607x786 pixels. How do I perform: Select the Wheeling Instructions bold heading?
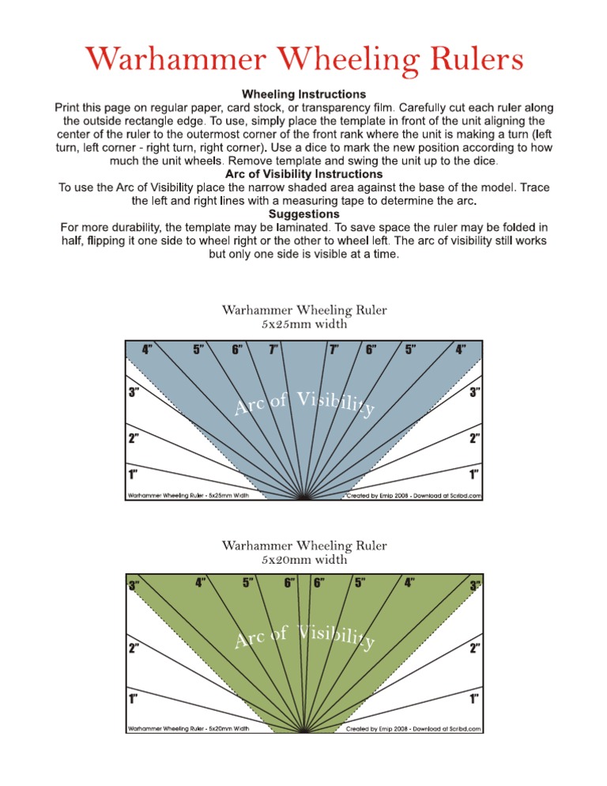pos(304,94)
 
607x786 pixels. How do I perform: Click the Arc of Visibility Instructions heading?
pos(304,173)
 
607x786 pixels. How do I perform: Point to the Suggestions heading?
pos(304,214)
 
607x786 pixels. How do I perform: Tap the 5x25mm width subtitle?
pos(304,323)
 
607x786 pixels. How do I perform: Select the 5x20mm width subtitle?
pos(304,560)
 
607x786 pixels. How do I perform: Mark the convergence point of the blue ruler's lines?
pos(304,499)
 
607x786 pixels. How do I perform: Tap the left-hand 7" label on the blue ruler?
pos(273,350)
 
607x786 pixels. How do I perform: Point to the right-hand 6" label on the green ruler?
pos(321,584)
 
